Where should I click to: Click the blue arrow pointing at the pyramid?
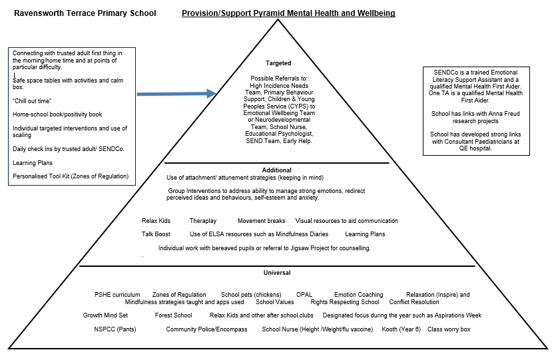(x=176, y=94)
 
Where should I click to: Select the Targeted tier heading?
(x=278, y=63)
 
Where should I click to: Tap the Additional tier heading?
(x=277, y=170)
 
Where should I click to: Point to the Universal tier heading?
(x=277, y=273)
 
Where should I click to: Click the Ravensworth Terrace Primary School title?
(x=85, y=13)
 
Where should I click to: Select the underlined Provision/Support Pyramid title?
(x=288, y=13)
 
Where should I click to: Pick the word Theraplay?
(x=203, y=221)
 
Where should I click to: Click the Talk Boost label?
(x=156, y=234)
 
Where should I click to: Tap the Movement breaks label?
(x=261, y=221)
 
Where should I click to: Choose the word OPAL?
(x=304, y=295)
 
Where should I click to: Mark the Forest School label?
(x=173, y=315)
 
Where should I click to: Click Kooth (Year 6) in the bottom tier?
(x=401, y=329)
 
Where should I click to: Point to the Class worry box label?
(x=449, y=329)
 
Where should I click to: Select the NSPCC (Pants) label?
(x=115, y=329)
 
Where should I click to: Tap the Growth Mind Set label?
(x=105, y=315)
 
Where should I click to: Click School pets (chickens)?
(x=251, y=295)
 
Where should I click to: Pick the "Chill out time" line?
(x=32, y=101)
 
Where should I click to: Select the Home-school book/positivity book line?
(x=57, y=114)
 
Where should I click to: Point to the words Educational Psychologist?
(x=279, y=134)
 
